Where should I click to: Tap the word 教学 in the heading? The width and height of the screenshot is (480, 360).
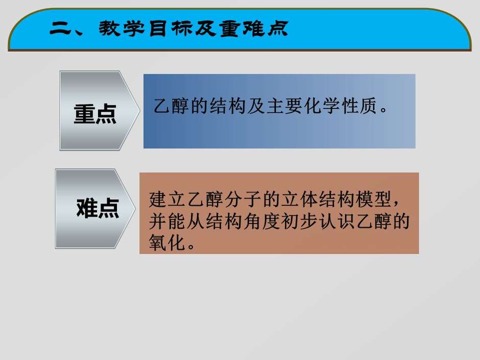tap(123, 29)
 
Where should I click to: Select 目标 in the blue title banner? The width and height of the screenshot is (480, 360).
tap(172, 29)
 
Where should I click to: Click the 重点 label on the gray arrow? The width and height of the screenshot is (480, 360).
tap(95, 114)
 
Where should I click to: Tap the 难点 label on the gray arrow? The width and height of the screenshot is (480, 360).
tap(98, 208)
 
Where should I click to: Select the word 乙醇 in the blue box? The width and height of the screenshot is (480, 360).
tap(171, 106)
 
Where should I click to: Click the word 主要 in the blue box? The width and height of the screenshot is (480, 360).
tap(285, 106)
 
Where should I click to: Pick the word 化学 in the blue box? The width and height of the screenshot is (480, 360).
tap(322, 106)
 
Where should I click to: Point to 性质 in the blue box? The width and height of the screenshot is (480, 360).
tap(359, 106)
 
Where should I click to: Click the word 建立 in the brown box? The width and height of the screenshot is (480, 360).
tap(167, 199)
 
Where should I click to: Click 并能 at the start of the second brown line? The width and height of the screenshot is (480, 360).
tap(167, 221)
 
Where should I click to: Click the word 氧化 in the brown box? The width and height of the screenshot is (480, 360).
tap(167, 243)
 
